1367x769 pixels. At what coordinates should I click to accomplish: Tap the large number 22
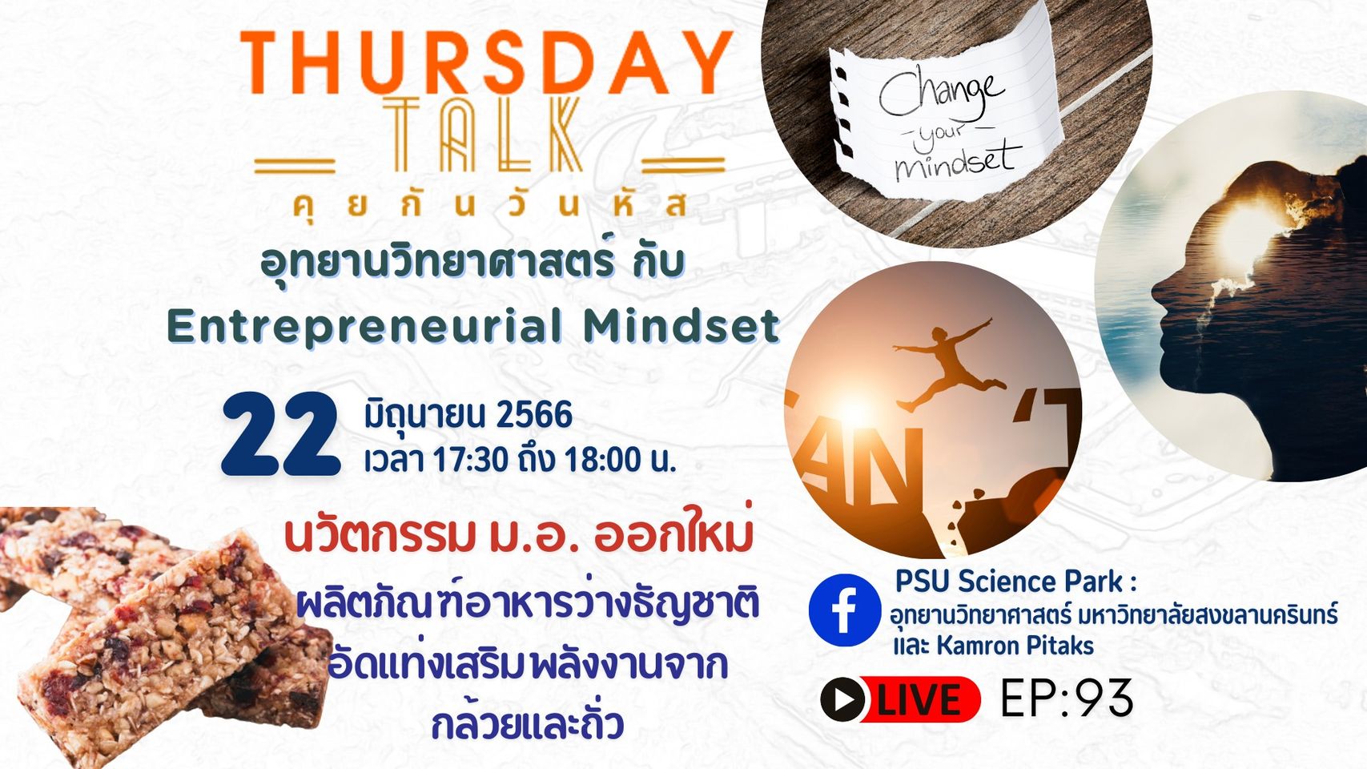pyautogui.click(x=280, y=434)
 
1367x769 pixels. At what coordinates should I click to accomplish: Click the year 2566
pyautogui.click(x=535, y=416)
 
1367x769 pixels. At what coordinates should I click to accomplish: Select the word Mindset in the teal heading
pyautogui.click(x=681, y=326)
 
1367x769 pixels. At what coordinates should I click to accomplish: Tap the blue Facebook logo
pyautogui.click(x=845, y=610)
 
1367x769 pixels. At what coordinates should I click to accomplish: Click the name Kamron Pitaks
pyautogui.click(x=1015, y=646)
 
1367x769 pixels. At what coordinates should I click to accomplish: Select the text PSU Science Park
pyautogui.click(x=1009, y=582)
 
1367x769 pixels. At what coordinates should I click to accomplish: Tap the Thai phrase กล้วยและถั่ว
pyautogui.click(x=527, y=725)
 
